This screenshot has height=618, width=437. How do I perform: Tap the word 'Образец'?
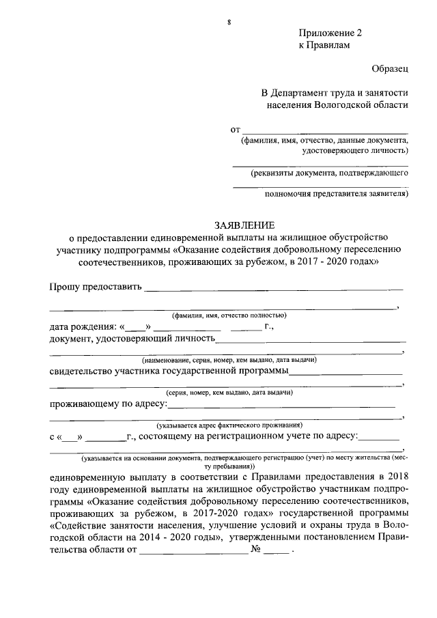(390, 69)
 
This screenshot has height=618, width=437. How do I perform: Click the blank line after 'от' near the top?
(326, 130)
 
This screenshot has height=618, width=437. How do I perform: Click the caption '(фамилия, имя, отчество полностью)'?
(229, 315)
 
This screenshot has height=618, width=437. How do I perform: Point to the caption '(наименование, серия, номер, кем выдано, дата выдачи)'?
(229, 360)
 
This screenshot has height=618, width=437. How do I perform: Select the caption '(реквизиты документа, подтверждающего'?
(329, 173)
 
